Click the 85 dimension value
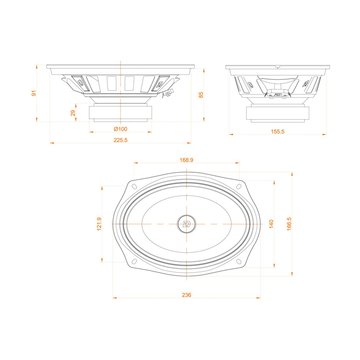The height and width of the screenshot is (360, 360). (202, 95)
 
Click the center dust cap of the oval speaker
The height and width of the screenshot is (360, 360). (186, 223)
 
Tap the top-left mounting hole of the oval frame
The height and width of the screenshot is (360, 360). (132, 188)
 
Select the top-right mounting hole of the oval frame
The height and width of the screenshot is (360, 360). (240, 188)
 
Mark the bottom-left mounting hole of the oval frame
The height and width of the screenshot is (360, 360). (132, 258)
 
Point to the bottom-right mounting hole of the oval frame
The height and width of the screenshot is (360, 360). (240, 258)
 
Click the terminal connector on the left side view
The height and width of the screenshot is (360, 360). (167, 95)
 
